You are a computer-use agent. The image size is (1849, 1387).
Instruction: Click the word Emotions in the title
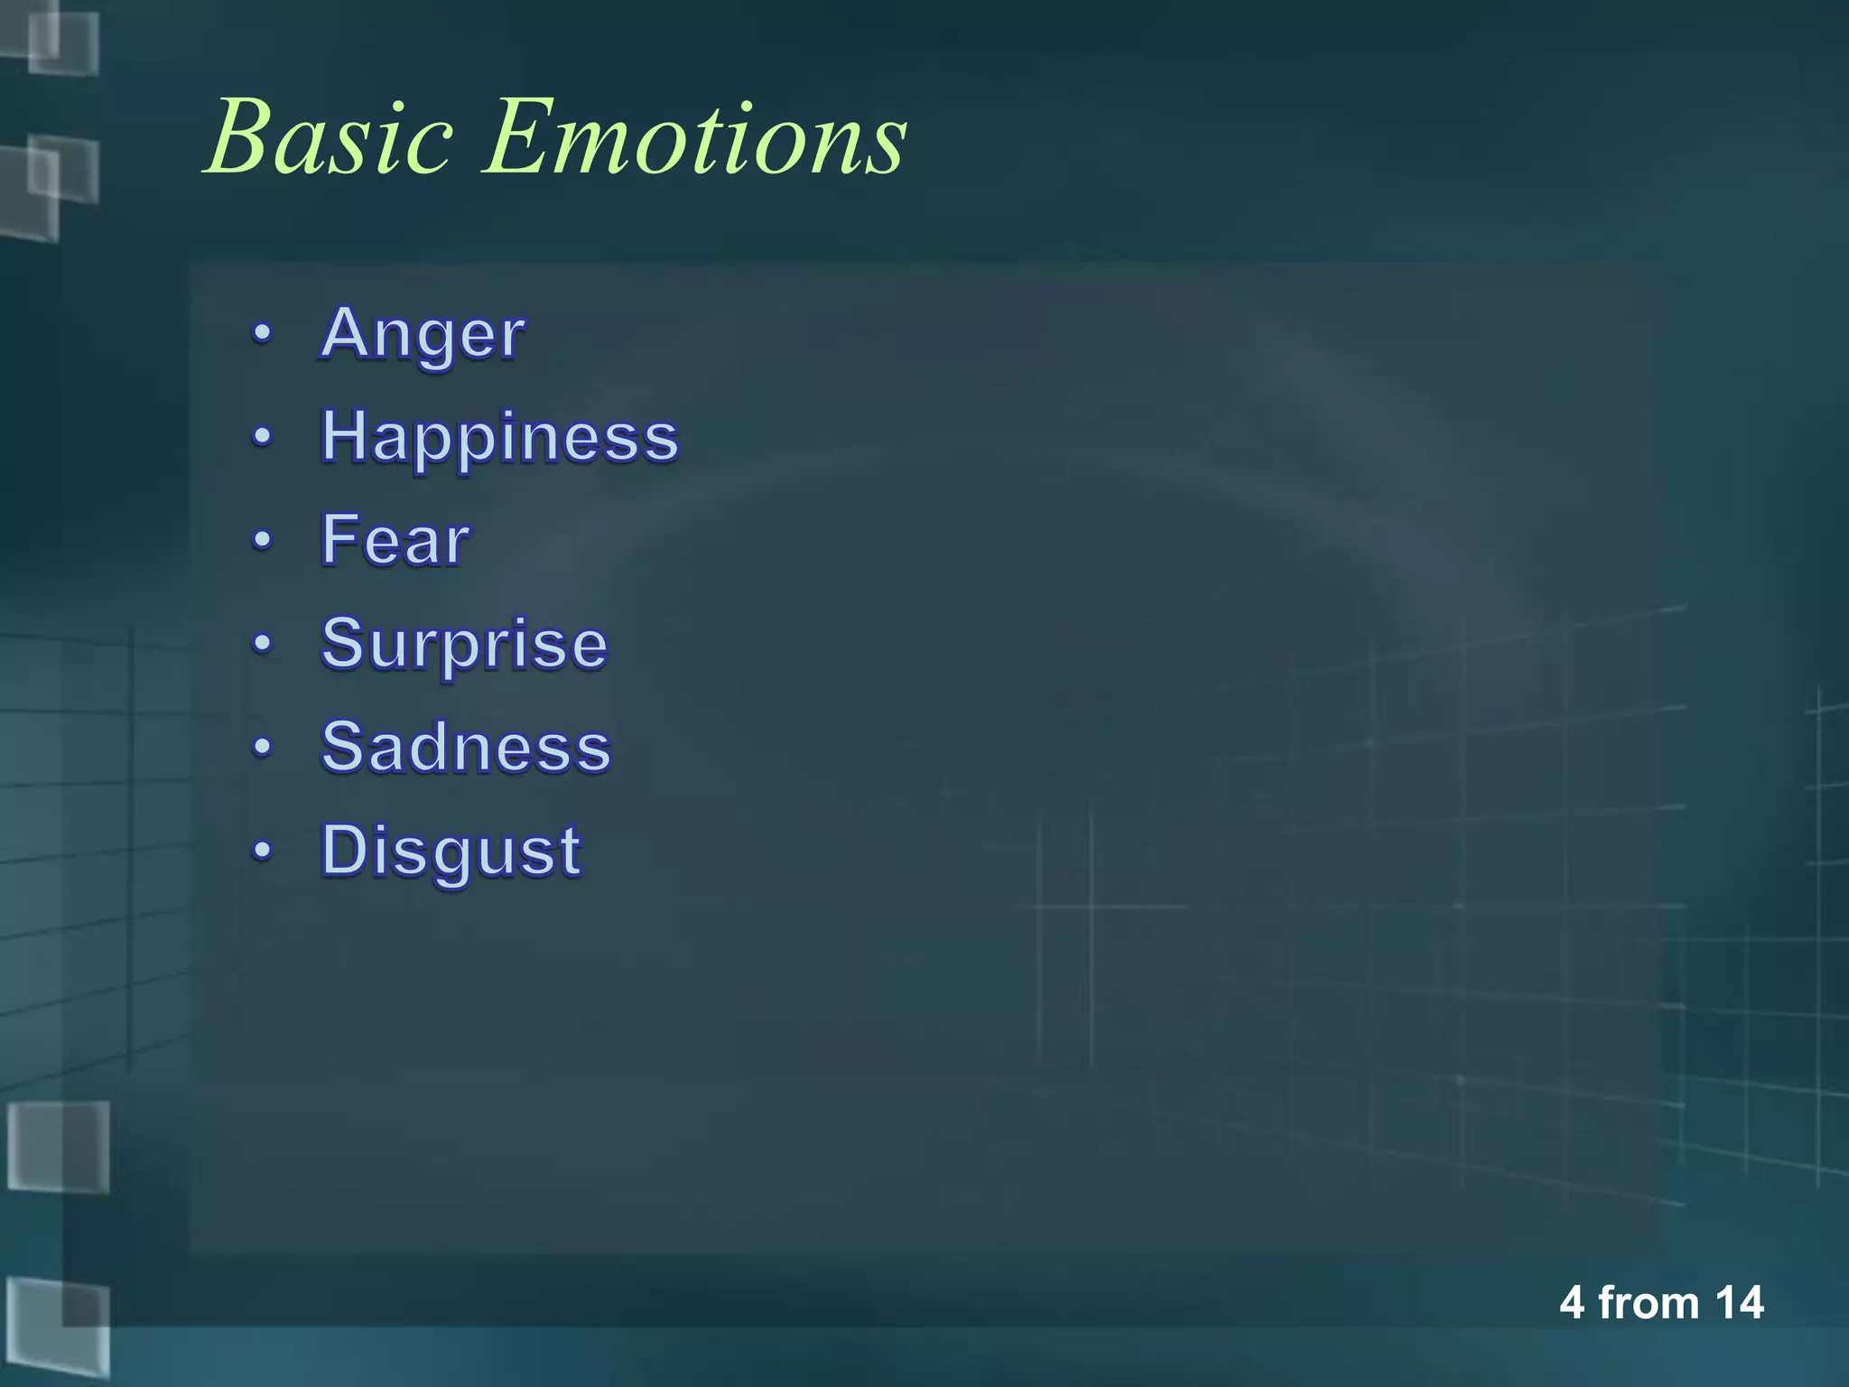[x=695, y=137]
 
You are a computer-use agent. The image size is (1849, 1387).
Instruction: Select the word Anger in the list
[x=423, y=334]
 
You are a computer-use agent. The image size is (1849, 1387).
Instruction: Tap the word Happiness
[x=499, y=438]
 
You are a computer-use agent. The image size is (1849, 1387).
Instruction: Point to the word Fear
[x=395, y=540]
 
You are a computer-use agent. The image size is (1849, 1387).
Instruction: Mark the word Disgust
[x=451, y=851]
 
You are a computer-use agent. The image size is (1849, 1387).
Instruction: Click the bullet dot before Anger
[x=262, y=334]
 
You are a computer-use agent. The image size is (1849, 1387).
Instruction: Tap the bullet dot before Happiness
[x=262, y=438]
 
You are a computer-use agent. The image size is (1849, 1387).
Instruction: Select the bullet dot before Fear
[x=262, y=541]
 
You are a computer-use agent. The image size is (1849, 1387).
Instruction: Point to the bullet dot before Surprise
[x=262, y=644]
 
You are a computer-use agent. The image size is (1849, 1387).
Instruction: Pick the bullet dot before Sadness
[x=262, y=748]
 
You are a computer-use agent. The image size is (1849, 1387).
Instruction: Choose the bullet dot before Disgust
[x=262, y=851]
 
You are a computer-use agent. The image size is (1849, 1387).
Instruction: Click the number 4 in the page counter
[x=1572, y=1303]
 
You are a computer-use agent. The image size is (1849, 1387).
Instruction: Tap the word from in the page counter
[x=1649, y=1303]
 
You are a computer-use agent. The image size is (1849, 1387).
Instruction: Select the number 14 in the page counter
[x=1739, y=1303]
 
